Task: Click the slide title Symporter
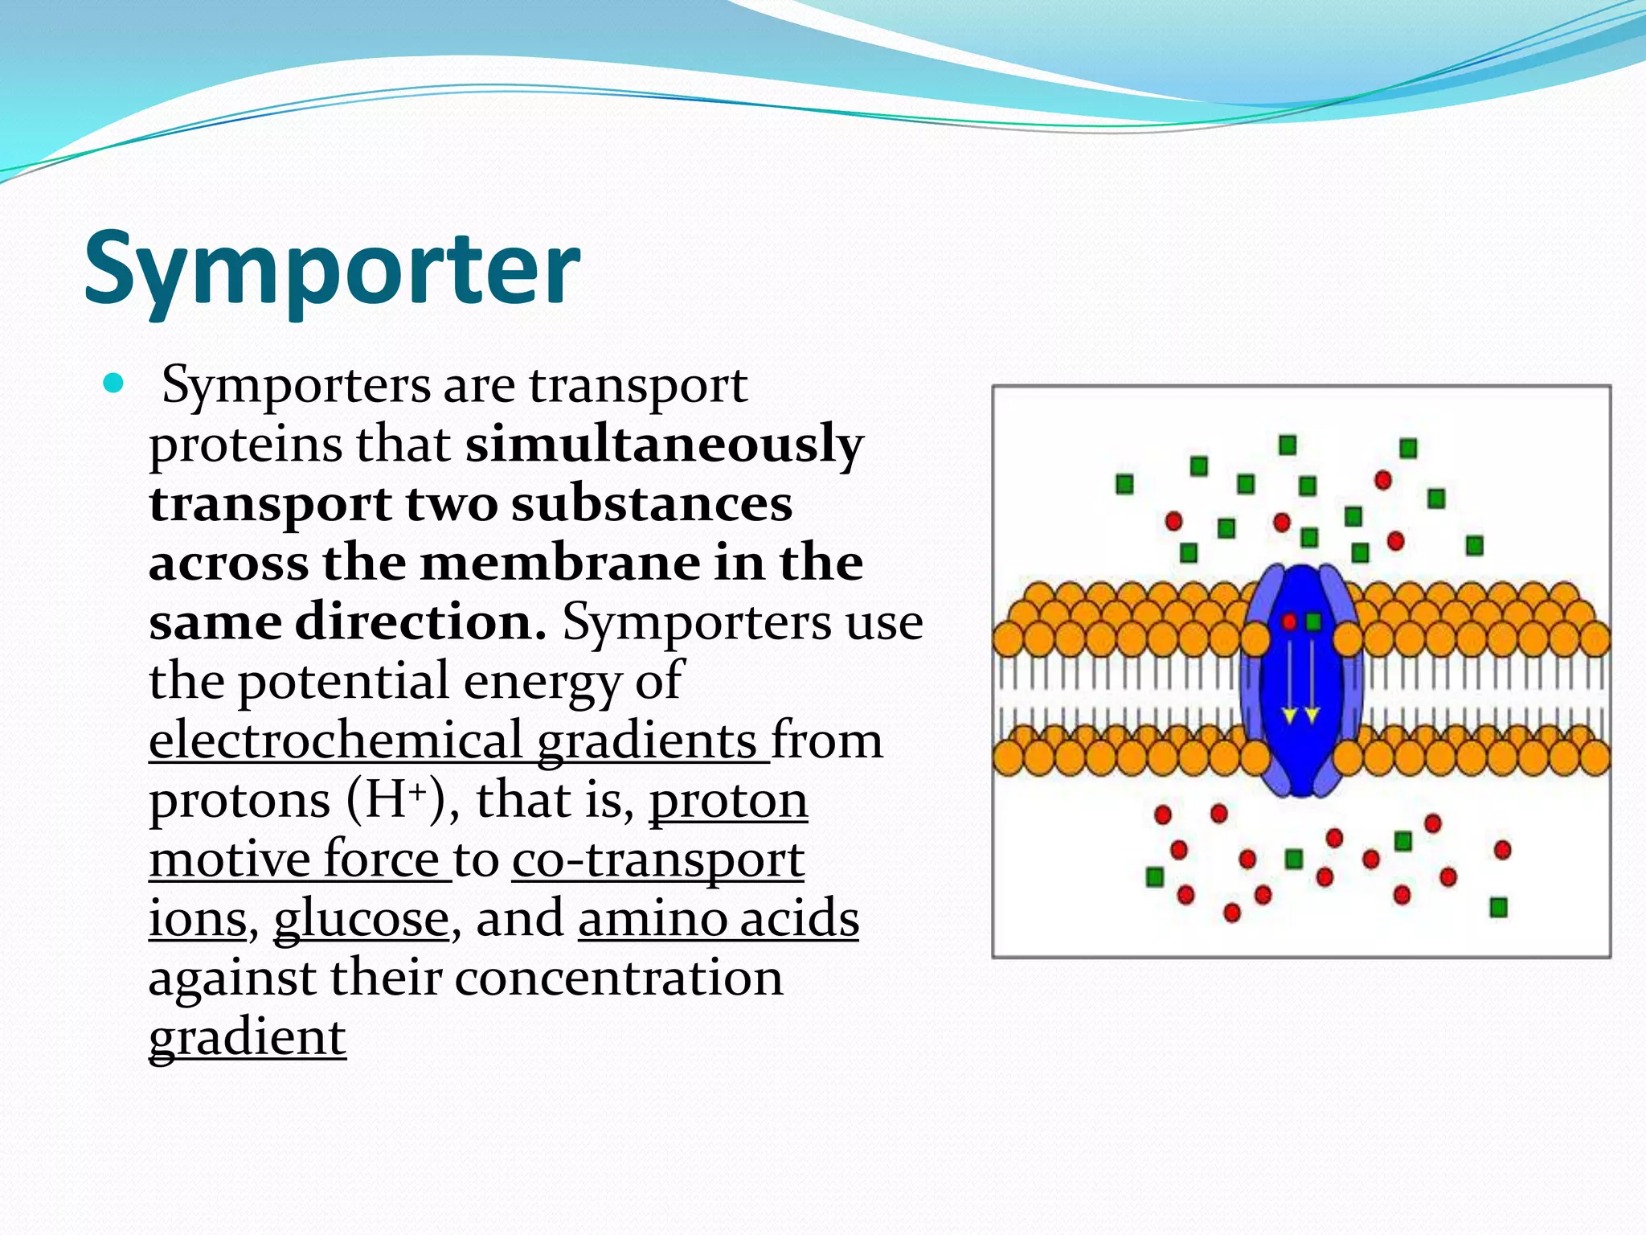[331, 269]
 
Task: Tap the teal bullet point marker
[114, 384]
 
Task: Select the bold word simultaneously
[664, 445]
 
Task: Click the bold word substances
[652, 504]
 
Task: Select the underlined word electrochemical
[336, 741]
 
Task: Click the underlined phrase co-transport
[657, 860]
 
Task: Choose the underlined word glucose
[361, 919]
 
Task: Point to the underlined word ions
[198, 919]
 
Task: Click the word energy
[542, 682]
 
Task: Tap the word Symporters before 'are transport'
[297, 385]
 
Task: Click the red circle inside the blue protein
[1289, 622]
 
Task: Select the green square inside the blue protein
[1313, 622]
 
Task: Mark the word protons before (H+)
[240, 801]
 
